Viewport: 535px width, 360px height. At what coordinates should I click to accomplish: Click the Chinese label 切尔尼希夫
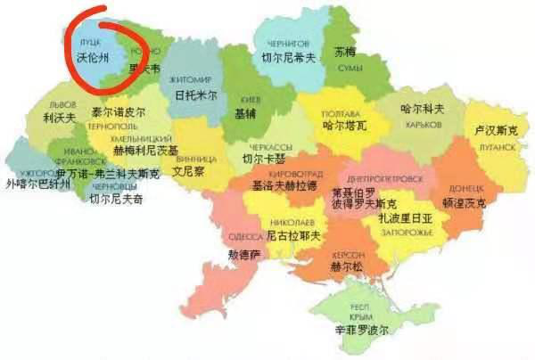(288, 58)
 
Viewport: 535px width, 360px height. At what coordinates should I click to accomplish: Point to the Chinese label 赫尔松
(347, 266)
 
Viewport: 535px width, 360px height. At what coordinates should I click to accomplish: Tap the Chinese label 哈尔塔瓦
(343, 127)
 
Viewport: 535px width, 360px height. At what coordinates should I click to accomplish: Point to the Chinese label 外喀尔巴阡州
(37, 184)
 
